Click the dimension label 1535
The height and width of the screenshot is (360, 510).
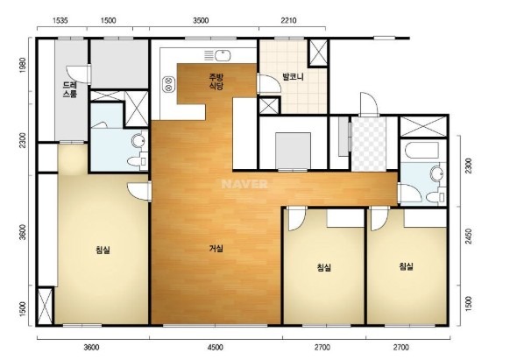pos(60,21)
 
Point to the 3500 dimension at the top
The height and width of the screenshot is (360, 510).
pos(201,21)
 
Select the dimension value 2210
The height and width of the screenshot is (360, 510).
pos(288,21)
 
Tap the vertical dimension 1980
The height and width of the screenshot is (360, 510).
pos(23,65)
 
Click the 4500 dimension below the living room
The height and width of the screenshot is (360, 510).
pos(216,348)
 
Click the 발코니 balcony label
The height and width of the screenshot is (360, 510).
pos(293,77)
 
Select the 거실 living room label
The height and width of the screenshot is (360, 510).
pos(216,249)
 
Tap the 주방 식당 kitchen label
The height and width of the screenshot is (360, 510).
pos(216,81)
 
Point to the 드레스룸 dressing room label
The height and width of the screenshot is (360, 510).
pos(70,89)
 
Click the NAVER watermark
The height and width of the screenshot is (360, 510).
pos(244,184)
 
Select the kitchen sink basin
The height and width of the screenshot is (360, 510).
pos(223,55)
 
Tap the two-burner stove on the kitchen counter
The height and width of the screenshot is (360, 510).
pos(168,84)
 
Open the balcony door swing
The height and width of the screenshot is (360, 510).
pos(269,84)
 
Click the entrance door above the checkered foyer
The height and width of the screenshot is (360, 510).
pos(368,105)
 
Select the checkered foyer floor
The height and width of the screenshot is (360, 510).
pos(369,144)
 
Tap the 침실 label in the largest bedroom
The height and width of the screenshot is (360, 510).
pos(103,250)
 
